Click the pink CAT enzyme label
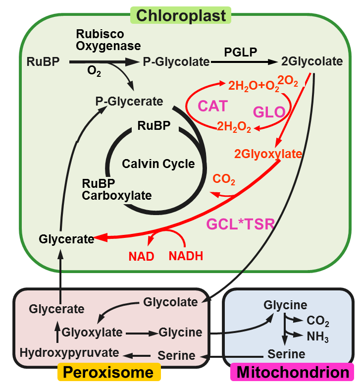[213, 106]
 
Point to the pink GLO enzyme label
[269, 112]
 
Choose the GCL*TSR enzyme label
[240, 224]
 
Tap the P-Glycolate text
[176, 62]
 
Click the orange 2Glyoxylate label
[268, 154]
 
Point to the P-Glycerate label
[129, 102]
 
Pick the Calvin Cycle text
[158, 164]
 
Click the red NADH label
[186, 256]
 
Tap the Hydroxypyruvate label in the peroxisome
[70, 352]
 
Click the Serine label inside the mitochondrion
[286, 354]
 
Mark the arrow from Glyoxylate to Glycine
[142, 333]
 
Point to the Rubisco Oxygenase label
[108, 40]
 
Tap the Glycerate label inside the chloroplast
[66, 239]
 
